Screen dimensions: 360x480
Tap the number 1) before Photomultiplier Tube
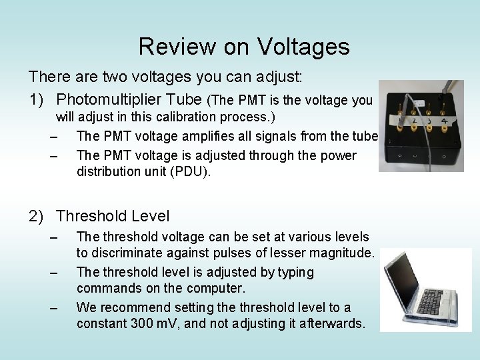pyautogui.click(x=39, y=99)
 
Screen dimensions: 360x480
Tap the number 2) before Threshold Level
pyautogui.click(x=39, y=216)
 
